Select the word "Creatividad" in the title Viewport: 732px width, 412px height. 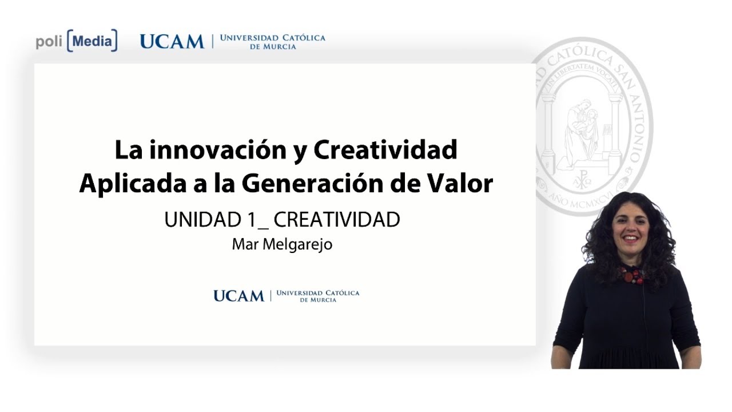pyautogui.click(x=385, y=150)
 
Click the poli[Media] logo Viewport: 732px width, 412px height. pyautogui.click(x=77, y=41)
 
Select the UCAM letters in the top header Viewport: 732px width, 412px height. pyautogui.click(x=172, y=41)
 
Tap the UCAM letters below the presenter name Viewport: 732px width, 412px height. pyautogui.click(x=238, y=296)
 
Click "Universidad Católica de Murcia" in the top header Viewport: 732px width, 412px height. pyautogui.click(x=272, y=41)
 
